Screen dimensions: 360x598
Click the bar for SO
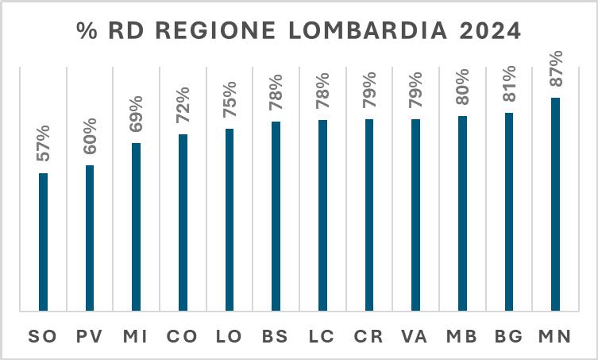43,242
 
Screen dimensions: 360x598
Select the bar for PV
90,238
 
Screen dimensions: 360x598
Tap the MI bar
136,226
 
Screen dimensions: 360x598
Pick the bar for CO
183,222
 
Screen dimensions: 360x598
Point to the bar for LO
230,219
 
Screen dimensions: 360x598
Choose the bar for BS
276,215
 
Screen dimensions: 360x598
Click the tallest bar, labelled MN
555,203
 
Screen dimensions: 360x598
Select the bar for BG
509,211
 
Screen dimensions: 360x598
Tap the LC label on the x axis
322,336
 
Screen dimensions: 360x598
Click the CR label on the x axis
368,336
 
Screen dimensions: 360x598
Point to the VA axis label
415,336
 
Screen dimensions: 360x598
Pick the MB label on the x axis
461,336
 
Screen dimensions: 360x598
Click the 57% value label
43,143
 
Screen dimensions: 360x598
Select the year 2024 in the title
485,31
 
